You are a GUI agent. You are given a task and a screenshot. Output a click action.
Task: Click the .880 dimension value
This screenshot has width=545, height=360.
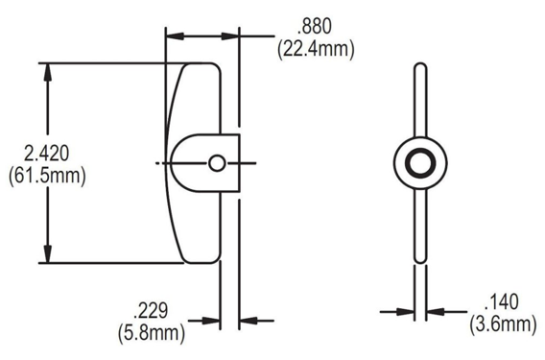pos(315,27)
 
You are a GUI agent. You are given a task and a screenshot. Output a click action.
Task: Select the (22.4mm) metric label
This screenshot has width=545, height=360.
pos(316,49)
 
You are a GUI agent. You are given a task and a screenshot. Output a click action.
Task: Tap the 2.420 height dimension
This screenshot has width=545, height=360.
pos(47,154)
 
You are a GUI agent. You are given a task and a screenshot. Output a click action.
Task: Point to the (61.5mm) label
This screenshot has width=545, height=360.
pos(47,176)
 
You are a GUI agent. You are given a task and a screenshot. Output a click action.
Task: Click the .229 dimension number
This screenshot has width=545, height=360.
pos(151,310)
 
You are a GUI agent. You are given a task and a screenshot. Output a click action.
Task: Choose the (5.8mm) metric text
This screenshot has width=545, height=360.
pos(152,333)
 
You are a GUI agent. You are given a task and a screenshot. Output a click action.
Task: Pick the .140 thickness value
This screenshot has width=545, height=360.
pos(502,301)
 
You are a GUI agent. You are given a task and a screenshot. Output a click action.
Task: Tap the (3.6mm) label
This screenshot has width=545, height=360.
pos(503,324)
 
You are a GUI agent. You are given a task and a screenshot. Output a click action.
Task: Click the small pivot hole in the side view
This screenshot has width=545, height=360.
pos(217,163)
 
